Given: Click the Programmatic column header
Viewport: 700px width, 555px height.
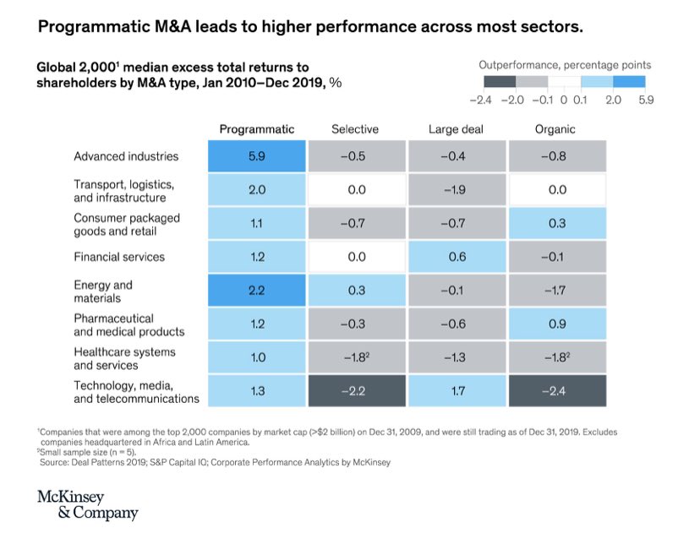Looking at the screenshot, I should [256, 129].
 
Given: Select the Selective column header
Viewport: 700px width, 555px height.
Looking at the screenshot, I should [355, 129].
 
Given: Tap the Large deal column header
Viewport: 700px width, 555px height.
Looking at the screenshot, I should [457, 129].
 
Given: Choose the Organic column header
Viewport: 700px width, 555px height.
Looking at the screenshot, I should [555, 129].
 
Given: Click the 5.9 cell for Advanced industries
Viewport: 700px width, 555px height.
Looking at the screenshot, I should [257, 156].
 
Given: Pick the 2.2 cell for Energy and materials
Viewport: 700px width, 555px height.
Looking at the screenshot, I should [257, 291].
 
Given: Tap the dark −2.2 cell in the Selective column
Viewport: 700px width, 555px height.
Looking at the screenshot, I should [356, 391].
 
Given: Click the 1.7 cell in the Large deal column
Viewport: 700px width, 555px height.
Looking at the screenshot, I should [457, 391].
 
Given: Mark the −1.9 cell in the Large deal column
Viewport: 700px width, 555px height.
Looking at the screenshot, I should [457, 190].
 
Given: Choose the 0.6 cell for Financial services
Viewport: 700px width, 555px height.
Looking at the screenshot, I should [457, 257].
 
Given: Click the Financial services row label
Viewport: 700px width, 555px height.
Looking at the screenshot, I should [118, 257].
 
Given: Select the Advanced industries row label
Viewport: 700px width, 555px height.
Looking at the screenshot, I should [125, 156].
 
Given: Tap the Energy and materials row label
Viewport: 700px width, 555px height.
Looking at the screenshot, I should [103, 291].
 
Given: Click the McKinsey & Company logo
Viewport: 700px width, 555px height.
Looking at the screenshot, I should [87, 503].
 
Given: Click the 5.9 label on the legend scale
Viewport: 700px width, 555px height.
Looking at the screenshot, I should [644, 101].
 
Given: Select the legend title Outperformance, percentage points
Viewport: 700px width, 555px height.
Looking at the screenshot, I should [565, 64].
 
